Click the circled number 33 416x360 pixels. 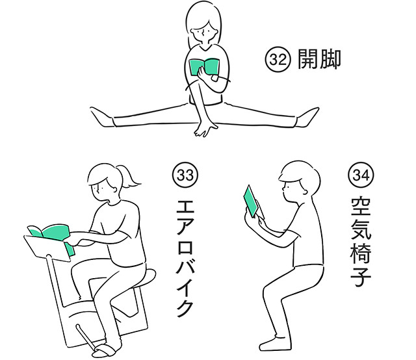click(x=186, y=175)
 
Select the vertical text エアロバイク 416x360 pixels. click(x=187, y=260)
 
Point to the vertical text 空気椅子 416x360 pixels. click(x=360, y=241)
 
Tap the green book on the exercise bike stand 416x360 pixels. click(x=49, y=232)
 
